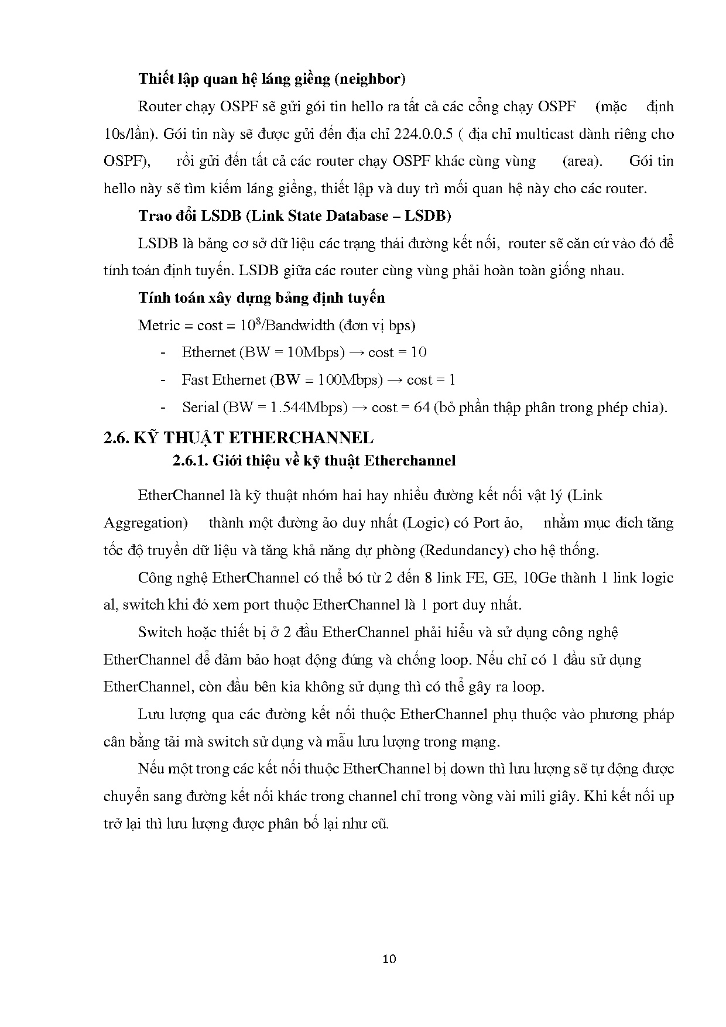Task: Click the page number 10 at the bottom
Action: tap(389, 958)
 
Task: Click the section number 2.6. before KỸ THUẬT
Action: tap(116, 438)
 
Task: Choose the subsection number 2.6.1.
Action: tap(190, 461)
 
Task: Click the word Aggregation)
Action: tap(146, 523)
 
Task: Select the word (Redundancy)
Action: tap(465, 550)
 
